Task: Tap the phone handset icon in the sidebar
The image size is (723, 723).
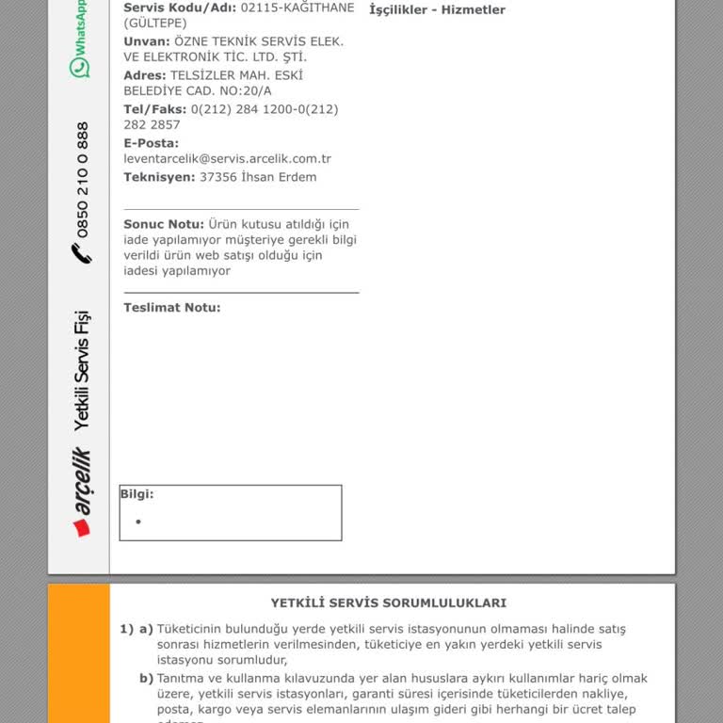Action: tap(82, 252)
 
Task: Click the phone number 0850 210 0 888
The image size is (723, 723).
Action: tap(83, 180)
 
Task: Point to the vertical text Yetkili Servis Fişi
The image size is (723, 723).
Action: tap(83, 369)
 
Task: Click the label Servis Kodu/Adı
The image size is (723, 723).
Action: tap(180, 8)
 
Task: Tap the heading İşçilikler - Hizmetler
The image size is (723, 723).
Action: tap(438, 10)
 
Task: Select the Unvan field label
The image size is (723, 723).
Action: tap(147, 41)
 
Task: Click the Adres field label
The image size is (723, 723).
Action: tap(145, 75)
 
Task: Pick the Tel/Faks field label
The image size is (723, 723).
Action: tap(155, 109)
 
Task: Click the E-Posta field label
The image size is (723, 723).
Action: tap(151, 143)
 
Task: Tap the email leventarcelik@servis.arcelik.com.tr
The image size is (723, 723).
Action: tap(227, 159)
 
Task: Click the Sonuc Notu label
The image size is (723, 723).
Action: tap(164, 224)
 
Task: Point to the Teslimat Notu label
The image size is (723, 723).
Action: tap(172, 308)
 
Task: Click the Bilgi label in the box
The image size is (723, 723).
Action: tap(137, 493)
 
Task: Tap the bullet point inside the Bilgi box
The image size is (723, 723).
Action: tap(138, 522)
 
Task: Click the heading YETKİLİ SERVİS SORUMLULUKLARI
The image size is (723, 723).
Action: tap(389, 603)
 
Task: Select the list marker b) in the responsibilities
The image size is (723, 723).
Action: tap(146, 678)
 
